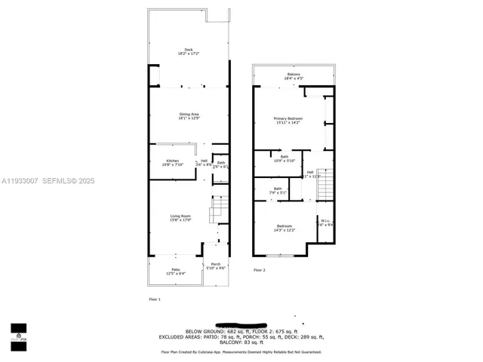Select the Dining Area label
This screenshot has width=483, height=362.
[178, 115]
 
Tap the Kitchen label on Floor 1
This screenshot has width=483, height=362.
[173, 162]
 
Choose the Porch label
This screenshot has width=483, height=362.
[216, 265]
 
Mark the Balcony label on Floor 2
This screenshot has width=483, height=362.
[294, 75]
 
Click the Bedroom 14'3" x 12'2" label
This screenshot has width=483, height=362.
[284, 228]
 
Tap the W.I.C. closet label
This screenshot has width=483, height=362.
[324, 222]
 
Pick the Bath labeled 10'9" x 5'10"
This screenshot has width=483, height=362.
[285, 158]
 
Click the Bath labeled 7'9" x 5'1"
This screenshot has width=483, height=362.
[277, 191]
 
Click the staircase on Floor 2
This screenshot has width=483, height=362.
[324, 186]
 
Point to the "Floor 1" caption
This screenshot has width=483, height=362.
[155, 299]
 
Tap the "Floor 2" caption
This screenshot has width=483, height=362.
[260, 270]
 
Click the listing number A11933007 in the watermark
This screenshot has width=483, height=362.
[17, 181]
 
